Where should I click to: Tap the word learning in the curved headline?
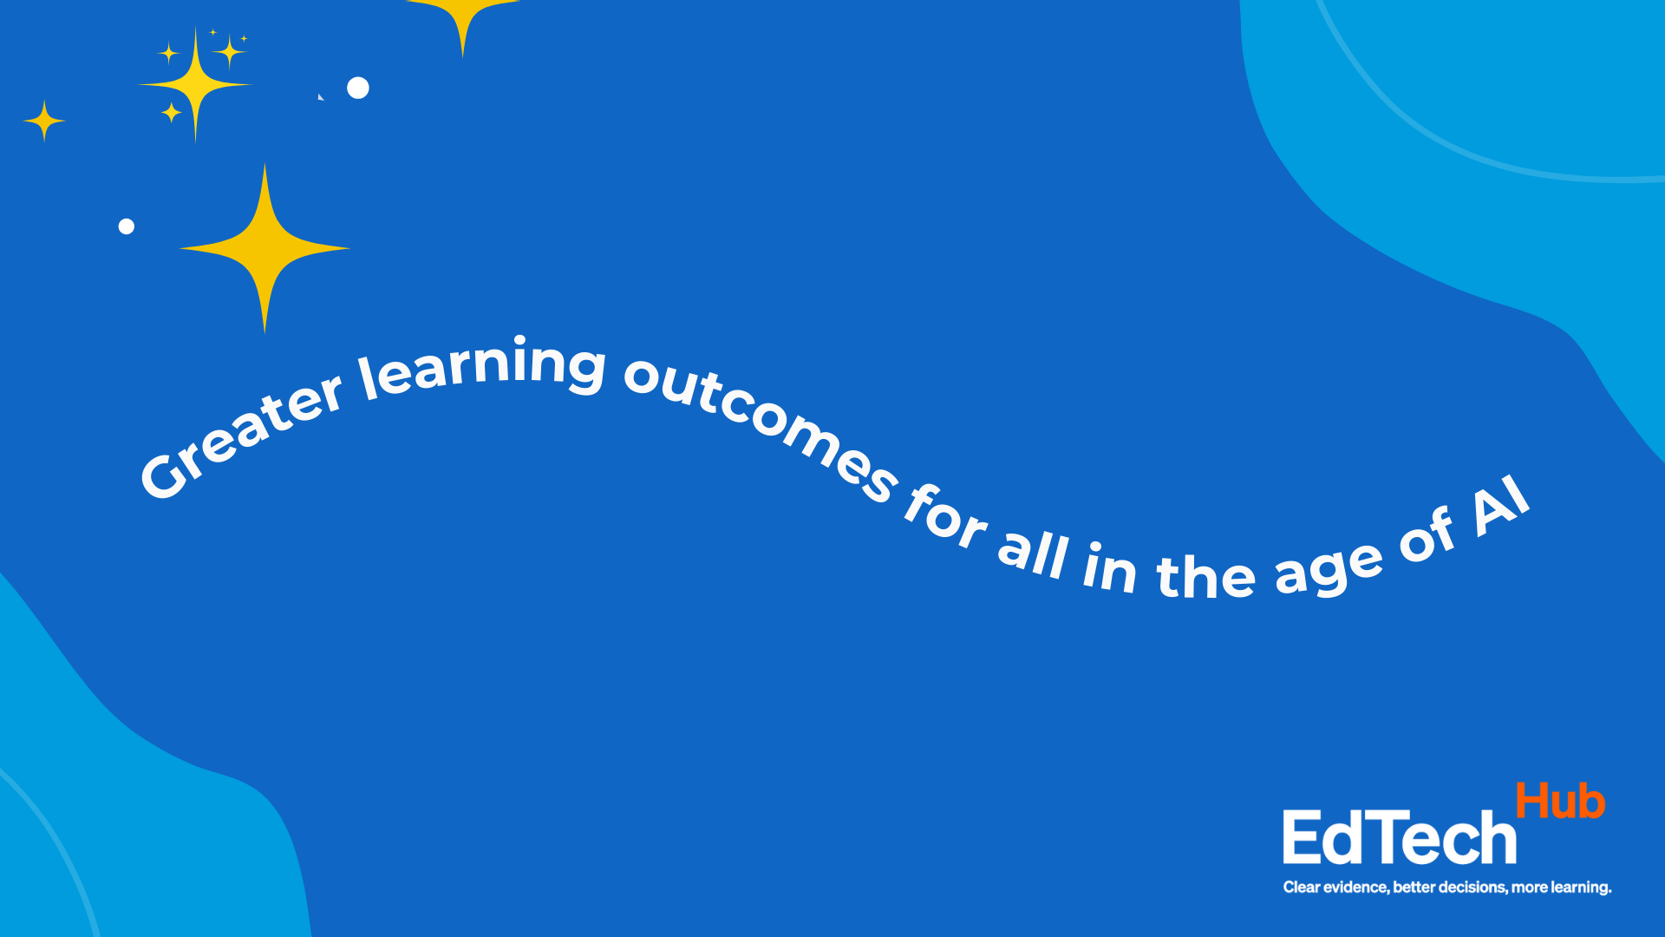483,367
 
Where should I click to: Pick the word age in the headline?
1329,567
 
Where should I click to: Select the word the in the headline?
1205,573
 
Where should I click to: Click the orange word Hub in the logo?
1560,801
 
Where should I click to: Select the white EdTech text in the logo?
1400,837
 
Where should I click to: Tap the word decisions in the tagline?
1472,888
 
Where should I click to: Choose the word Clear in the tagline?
1302,888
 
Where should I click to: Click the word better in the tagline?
1414,888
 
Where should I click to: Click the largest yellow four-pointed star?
264,248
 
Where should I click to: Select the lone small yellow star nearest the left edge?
44,121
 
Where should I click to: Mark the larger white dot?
358,88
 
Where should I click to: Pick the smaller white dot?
127,226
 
